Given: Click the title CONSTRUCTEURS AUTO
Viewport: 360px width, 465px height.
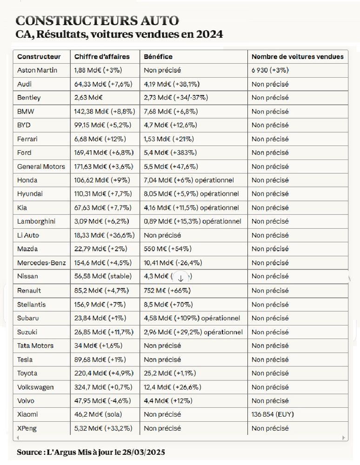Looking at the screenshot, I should [x=97, y=20].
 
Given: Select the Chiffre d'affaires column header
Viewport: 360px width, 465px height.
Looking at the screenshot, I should [x=101, y=57].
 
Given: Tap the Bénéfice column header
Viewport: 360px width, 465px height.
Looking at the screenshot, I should [x=158, y=57].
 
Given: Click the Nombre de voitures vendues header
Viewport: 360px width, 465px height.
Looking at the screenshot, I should [x=297, y=57].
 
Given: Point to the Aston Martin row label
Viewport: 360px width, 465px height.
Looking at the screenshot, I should [x=37, y=70].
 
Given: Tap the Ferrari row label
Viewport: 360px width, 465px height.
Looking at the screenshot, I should [x=27, y=139].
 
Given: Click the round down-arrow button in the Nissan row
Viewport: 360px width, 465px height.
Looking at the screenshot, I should [x=181, y=278].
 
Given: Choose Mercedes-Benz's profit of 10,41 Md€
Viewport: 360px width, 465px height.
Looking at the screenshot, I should [x=173, y=263].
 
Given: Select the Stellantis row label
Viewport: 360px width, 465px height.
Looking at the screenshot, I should [x=31, y=305].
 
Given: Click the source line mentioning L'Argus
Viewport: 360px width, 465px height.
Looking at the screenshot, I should [x=91, y=452].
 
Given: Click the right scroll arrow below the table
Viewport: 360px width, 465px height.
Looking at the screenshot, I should [x=344, y=438].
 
